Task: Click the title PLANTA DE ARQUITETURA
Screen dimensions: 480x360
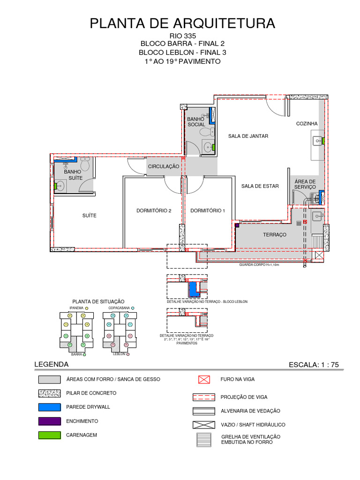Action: tap(182, 23)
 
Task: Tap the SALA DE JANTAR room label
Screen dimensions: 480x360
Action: tap(248, 136)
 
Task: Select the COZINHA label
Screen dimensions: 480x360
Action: tap(307, 123)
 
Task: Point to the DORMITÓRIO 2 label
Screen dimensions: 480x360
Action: tap(154, 210)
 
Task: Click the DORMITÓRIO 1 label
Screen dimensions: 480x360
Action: tap(208, 210)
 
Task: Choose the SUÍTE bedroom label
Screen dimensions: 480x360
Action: tap(89, 216)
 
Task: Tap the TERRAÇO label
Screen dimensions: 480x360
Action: tap(274, 234)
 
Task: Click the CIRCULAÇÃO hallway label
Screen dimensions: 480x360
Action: tap(164, 166)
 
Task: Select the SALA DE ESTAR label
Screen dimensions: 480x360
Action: tap(260, 186)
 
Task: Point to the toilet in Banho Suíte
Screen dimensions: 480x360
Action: tap(85, 165)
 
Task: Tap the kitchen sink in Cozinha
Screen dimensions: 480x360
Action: tap(317, 140)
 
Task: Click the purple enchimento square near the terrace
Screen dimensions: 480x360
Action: tap(237, 225)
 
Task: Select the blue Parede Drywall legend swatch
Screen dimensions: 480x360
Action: tap(49, 407)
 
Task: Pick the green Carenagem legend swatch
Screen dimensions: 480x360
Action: tap(49, 435)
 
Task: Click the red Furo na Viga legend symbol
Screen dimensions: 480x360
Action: tap(204, 379)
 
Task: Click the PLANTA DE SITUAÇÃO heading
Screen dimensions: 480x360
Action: tap(98, 301)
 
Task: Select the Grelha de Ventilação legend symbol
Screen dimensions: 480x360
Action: tap(204, 439)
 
